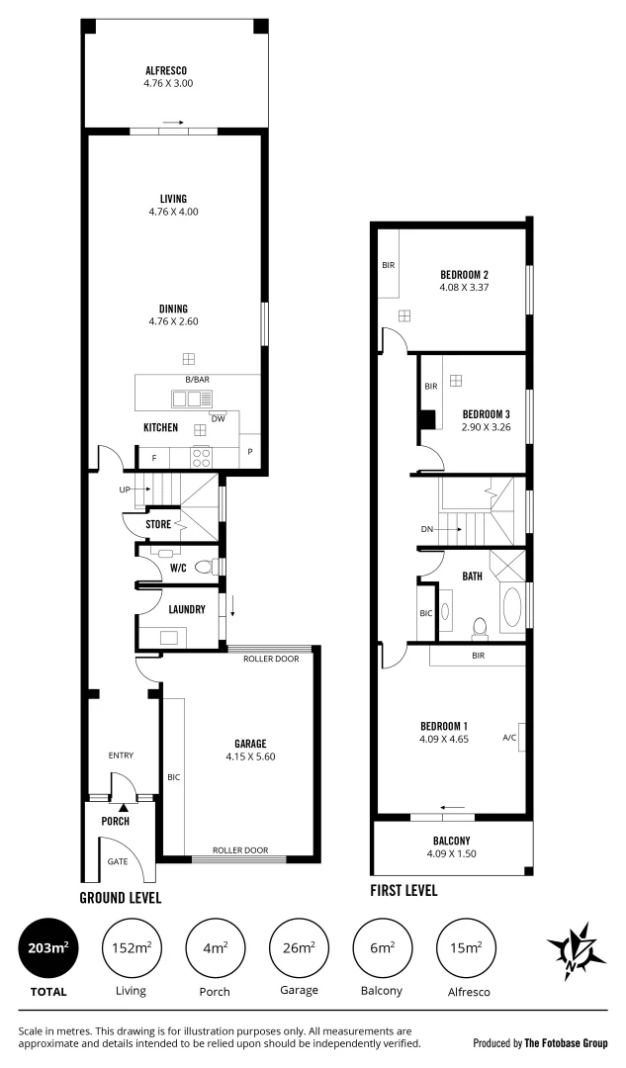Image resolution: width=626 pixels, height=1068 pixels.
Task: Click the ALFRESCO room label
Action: tap(167, 70)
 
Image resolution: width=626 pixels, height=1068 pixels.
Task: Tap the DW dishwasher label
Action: tap(220, 417)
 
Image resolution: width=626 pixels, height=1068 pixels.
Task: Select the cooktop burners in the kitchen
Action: tap(201, 457)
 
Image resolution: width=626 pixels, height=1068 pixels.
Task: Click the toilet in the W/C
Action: tap(205, 567)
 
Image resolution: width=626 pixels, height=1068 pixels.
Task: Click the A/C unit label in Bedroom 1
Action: tap(510, 738)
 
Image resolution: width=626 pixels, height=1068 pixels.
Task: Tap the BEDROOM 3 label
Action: tap(486, 412)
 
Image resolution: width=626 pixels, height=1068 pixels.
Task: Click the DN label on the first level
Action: tap(427, 529)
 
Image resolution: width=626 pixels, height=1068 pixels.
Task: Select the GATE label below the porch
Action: tap(117, 861)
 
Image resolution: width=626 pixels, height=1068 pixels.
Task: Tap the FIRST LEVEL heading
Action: tap(402, 890)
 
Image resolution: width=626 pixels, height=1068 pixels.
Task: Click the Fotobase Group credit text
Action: tap(540, 1042)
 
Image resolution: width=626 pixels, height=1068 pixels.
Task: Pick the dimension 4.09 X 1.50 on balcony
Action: tap(451, 853)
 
